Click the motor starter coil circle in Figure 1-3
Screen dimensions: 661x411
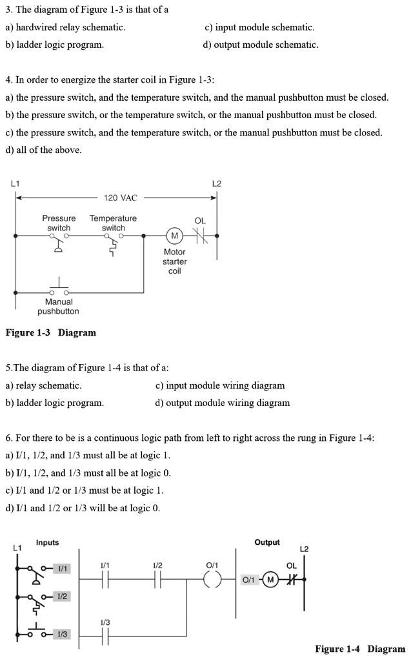(x=174, y=236)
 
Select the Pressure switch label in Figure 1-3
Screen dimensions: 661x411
(x=59, y=223)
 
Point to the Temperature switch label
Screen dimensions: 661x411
(x=113, y=223)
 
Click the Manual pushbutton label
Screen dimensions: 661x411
(x=58, y=307)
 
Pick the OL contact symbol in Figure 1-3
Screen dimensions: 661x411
(x=200, y=236)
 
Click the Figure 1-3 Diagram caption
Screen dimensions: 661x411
(x=50, y=333)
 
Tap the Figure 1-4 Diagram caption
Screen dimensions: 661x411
(x=360, y=649)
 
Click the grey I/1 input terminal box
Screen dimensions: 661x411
(x=63, y=568)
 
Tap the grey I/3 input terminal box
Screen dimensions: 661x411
(x=63, y=635)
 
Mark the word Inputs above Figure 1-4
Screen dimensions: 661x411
(x=47, y=543)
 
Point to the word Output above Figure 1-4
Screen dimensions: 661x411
(x=267, y=543)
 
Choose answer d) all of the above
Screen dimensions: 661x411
(x=43, y=150)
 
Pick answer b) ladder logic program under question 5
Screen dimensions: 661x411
(x=54, y=403)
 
